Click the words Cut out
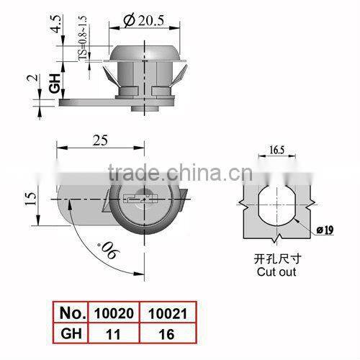277,273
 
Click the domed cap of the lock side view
143,53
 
